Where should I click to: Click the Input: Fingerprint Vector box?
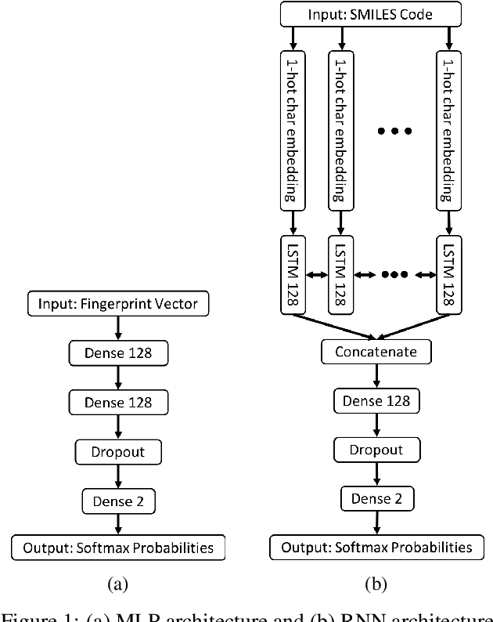point(118,302)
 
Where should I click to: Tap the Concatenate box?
point(376,353)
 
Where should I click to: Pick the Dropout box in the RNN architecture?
point(376,450)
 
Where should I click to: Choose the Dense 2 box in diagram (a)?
point(118,499)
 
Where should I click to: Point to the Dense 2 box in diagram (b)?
point(376,497)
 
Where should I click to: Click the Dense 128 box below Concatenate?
point(376,402)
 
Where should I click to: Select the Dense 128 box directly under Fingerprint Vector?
point(118,353)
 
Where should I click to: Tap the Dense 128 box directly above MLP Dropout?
point(118,403)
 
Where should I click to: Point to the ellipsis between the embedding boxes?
point(394,131)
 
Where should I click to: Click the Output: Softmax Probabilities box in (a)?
point(118,547)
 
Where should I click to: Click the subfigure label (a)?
point(117,583)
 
